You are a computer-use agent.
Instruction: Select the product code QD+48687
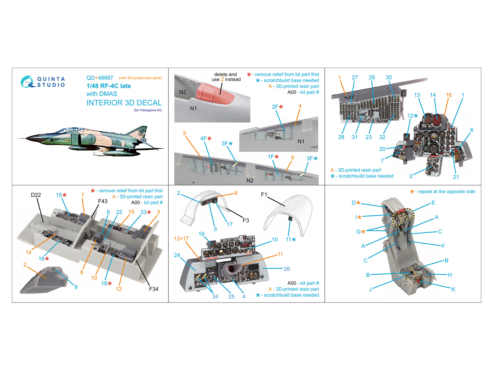point(100,78)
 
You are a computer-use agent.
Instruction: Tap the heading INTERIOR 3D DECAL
point(124,103)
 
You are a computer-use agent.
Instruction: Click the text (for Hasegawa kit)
point(148,110)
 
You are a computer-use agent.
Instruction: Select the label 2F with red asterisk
point(277,107)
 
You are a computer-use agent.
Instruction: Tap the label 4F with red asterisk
point(206,139)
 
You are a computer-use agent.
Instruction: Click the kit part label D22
point(36,195)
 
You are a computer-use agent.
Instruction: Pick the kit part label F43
point(103,201)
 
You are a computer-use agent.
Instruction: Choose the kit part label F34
point(153,289)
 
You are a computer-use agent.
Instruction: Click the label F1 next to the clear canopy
point(264,195)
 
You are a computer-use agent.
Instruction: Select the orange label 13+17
point(181,239)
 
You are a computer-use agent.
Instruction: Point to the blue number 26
point(287,269)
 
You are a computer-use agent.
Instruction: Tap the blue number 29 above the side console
point(372,78)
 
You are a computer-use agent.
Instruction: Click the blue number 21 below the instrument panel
point(456,177)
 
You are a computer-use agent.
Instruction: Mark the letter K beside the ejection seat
point(453,289)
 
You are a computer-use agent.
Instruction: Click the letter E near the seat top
point(433,203)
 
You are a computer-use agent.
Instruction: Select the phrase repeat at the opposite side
point(446,191)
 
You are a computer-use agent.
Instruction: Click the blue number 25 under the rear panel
point(231,297)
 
